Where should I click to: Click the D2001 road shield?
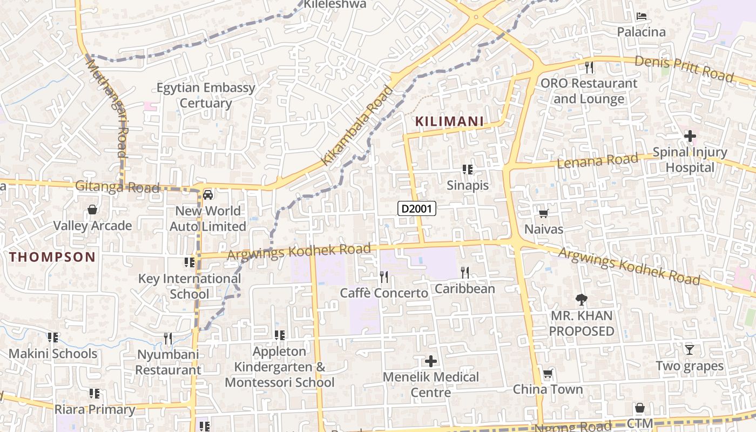(x=417, y=208)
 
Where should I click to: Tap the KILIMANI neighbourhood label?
(x=449, y=122)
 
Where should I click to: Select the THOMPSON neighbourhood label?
(x=52, y=257)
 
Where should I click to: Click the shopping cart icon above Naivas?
(x=544, y=213)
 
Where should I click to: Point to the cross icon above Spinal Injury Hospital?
(x=690, y=136)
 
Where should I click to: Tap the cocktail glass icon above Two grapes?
(x=690, y=349)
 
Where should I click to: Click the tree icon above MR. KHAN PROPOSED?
(x=582, y=299)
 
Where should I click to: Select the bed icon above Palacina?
(x=642, y=16)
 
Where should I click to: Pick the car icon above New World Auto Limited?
(x=208, y=194)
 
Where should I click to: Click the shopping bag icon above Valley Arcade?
(x=92, y=210)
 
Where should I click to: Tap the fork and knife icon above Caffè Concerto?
(x=384, y=277)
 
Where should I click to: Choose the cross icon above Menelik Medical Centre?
(x=431, y=361)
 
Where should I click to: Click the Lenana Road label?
(x=597, y=160)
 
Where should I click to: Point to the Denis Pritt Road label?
(x=684, y=68)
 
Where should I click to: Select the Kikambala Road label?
(x=358, y=125)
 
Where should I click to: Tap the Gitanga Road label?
(x=117, y=187)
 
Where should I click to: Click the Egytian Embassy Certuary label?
(x=206, y=95)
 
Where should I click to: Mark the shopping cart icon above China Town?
(x=548, y=373)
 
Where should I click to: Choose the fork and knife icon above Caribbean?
(x=465, y=272)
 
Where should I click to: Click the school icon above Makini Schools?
(x=53, y=337)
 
